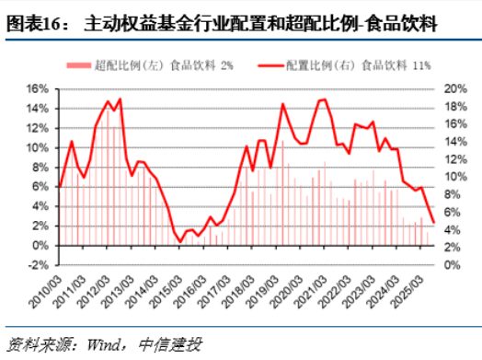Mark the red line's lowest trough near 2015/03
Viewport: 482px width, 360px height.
[181, 241]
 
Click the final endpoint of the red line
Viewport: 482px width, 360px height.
[432, 221]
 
